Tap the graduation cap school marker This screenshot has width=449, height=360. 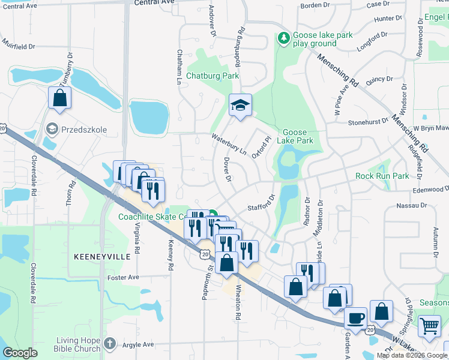pyautogui.click(x=240, y=106)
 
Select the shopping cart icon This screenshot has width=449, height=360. pyautogui.click(x=429, y=326)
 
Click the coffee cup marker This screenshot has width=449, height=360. pyautogui.click(x=356, y=318)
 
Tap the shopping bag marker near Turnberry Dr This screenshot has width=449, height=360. pyautogui.click(x=59, y=98)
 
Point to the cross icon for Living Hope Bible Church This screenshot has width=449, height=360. pyautogui.click(x=109, y=343)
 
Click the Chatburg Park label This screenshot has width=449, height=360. pyautogui.click(x=212, y=76)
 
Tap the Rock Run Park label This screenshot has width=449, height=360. pyautogui.click(x=382, y=176)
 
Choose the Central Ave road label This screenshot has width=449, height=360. pyautogui.click(x=152, y=2)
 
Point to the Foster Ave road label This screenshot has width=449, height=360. pyautogui.click(x=122, y=277)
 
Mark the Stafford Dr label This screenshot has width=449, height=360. pyautogui.click(x=261, y=203)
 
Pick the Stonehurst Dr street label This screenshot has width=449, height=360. pyautogui.click(x=368, y=122)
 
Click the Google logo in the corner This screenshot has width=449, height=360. pyautogui.click(x=20, y=353)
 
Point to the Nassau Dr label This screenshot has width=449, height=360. pyautogui.click(x=411, y=205)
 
